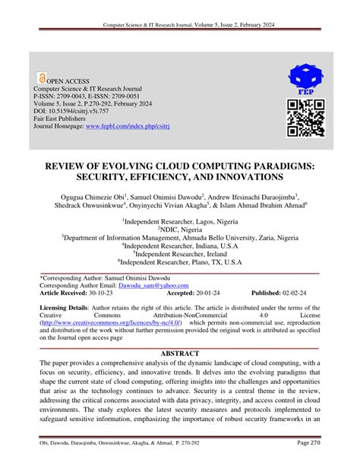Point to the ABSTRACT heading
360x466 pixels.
(x=180, y=353)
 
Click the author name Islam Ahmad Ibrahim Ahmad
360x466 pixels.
(x=260, y=205)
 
